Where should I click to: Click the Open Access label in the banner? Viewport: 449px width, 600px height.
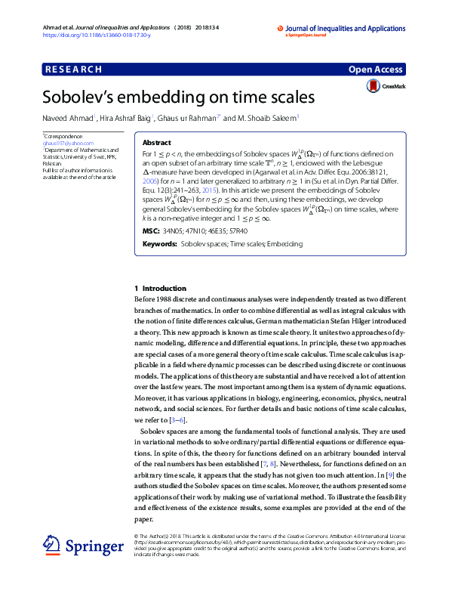[377, 70]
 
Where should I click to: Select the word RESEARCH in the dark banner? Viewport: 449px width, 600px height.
[74, 70]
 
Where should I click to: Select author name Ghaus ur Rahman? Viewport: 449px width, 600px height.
[188, 117]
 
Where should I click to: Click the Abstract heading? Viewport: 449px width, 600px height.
[156, 142]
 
